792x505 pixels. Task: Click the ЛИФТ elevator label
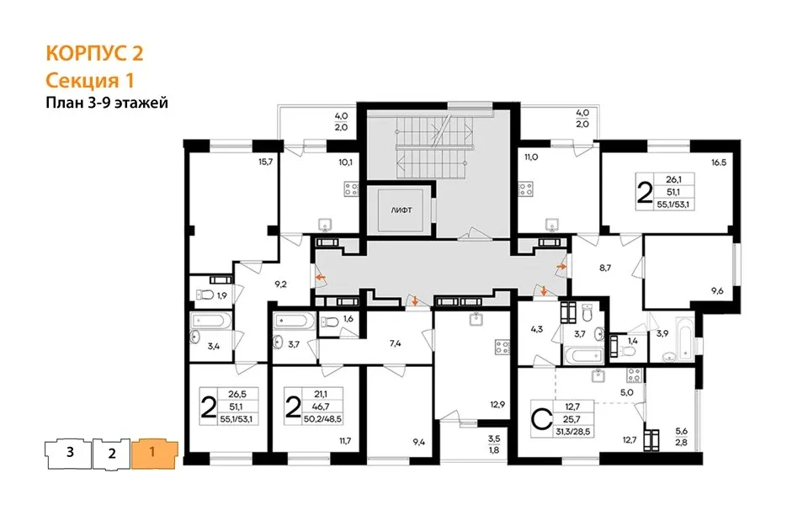tap(401, 210)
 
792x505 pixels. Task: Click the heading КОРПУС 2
tap(94, 53)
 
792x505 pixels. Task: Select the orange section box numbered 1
tap(154, 454)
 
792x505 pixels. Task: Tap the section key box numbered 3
tap(69, 453)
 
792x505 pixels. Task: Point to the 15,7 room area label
tap(265, 162)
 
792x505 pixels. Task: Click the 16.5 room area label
tap(719, 162)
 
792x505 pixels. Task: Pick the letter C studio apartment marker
tap(541, 419)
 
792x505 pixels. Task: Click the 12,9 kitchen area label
tap(497, 404)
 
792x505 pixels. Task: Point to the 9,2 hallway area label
tap(281, 284)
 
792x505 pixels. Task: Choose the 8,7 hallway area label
tap(605, 268)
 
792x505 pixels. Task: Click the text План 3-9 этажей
tap(107, 103)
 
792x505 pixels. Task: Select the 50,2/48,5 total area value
tap(322, 418)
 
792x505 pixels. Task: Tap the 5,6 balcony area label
tap(682, 431)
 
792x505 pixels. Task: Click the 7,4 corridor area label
tap(395, 343)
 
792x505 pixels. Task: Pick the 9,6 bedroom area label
tap(717, 291)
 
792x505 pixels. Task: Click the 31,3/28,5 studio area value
tap(573, 432)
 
